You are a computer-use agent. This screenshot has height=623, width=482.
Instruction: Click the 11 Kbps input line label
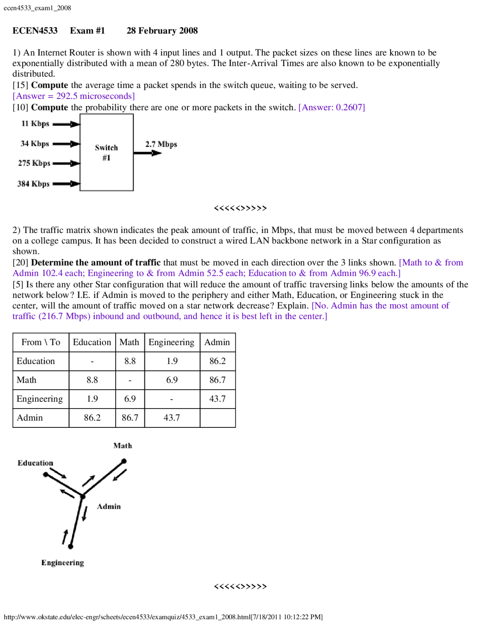(35, 124)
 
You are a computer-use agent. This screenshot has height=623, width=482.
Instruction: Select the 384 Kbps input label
(33, 184)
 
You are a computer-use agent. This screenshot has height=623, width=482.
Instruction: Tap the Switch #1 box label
(106, 152)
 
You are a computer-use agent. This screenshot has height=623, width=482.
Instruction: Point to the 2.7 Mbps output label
(161, 144)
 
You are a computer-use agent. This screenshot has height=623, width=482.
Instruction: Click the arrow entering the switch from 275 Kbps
(67, 163)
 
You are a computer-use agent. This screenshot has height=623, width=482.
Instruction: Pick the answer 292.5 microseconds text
(74, 96)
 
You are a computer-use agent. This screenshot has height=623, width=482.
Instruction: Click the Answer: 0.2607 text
(331, 108)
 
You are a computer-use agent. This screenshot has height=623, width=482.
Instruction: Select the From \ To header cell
(41, 342)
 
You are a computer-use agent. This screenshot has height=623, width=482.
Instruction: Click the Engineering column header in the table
(171, 342)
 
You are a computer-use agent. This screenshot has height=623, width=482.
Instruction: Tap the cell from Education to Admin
(217, 361)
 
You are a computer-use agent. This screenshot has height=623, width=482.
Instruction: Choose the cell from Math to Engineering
(172, 380)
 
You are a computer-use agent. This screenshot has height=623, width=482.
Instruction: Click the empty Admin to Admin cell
(217, 418)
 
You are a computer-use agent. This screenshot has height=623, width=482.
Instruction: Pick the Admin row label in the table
(30, 418)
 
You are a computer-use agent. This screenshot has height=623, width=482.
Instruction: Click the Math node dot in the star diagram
(124, 461)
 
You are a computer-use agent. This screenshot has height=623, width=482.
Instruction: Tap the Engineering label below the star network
(63, 563)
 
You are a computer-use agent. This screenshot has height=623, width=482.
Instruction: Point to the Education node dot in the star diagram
(46, 475)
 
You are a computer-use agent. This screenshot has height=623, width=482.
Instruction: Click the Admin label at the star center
(109, 507)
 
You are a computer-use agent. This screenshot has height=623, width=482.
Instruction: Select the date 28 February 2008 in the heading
(162, 31)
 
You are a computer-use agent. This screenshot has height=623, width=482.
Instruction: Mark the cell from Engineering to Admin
(217, 399)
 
